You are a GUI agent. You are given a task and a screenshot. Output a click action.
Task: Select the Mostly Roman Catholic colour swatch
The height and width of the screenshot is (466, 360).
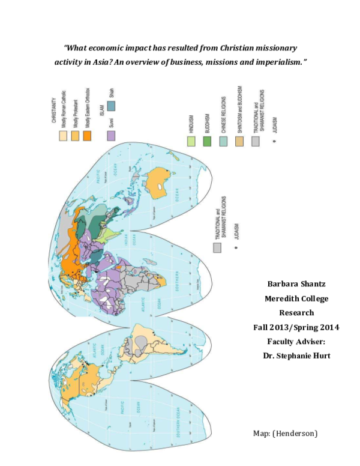click(x=62, y=136)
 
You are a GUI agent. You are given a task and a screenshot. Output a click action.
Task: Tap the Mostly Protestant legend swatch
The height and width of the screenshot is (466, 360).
click(x=75, y=136)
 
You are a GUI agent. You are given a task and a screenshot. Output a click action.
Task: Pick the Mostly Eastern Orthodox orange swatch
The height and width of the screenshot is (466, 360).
click(x=87, y=136)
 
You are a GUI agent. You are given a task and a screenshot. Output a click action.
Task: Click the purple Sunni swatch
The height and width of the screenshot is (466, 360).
click(x=111, y=136)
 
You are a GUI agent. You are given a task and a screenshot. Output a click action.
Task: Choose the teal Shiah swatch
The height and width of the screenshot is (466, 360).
click(x=111, y=106)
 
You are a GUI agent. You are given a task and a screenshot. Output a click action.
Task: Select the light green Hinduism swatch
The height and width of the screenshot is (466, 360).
click(x=191, y=141)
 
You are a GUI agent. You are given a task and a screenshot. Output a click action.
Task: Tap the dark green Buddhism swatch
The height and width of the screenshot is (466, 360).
click(x=207, y=141)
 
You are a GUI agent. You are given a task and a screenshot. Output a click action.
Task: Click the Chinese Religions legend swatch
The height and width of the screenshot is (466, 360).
click(x=223, y=141)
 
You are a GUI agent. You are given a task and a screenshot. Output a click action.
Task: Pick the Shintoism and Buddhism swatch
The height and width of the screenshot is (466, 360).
click(x=239, y=141)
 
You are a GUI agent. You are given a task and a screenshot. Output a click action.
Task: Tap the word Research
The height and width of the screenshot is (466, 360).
click(x=295, y=313)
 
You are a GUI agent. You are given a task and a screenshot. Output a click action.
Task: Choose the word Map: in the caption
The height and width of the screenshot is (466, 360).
click(x=262, y=433)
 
